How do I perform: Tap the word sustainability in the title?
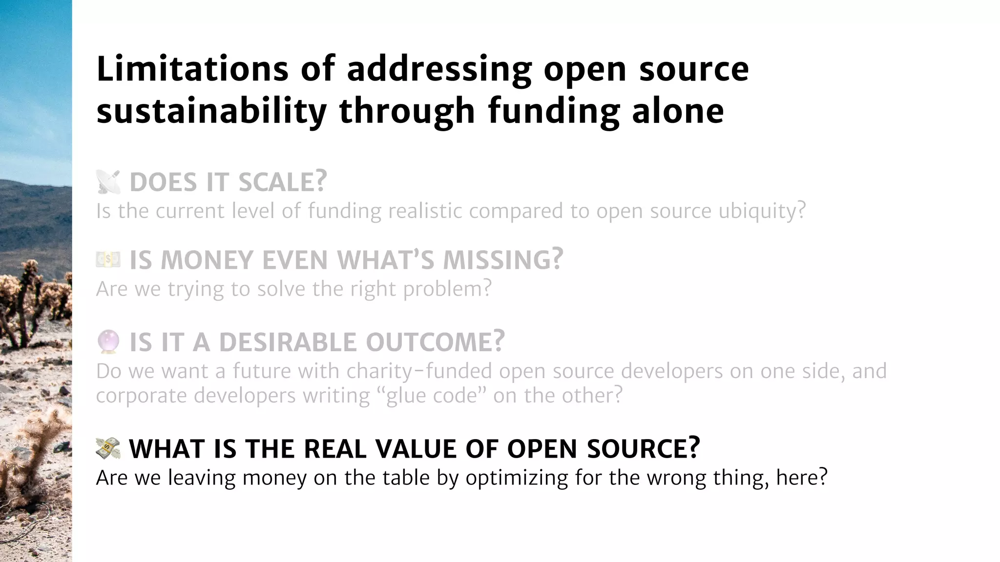tap(211, 111)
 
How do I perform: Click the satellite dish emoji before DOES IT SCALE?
tap(108, 182)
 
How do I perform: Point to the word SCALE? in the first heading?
tap(282, 182)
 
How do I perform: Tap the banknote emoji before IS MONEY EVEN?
tap(108, 260)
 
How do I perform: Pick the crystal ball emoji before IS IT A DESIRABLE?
tap(108, 341)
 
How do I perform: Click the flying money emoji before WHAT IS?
tap(108, 448)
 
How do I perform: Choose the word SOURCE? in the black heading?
tap(644, 448)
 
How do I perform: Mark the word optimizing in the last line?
tap(517, 478)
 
